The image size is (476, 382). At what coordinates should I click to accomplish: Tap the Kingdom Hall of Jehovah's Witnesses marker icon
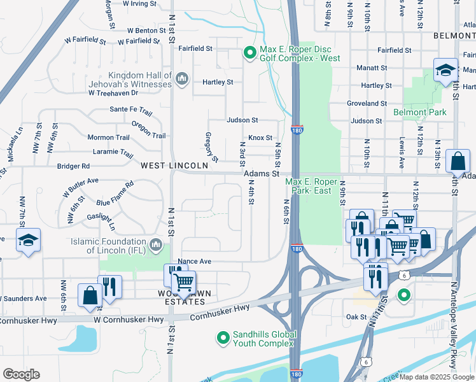[x=182, y=78]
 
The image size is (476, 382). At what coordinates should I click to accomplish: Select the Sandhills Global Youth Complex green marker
[x=223, y=337]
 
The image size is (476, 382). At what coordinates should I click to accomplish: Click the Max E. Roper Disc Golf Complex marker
[x=250, y=53]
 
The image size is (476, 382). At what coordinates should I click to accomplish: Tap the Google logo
[x=21, y=374]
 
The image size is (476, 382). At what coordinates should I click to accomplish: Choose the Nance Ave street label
[x=195, y=262]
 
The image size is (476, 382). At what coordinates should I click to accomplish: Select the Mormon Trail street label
[x=108, y=138]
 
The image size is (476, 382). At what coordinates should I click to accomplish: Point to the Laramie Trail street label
[x=113, y=153]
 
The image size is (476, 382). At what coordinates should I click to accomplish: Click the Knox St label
[x=260, y=138]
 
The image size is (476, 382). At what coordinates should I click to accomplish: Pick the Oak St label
[x=356, y=316]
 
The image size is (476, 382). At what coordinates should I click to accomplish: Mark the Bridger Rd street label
[x=73, y=166]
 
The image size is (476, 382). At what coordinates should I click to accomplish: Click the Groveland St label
[x=367, y=103]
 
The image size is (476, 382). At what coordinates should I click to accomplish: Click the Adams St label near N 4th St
[x=262, y=173]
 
